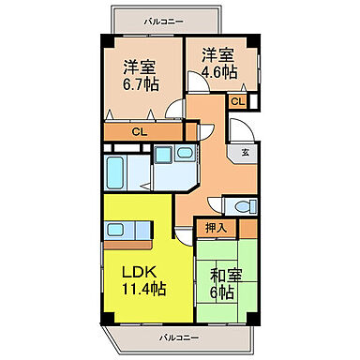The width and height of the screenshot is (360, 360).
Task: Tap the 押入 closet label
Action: click(x=216, y=227)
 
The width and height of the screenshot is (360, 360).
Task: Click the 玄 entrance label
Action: click(x=245, y=151)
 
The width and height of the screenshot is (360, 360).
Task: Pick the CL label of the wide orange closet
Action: click(x=138, y=132)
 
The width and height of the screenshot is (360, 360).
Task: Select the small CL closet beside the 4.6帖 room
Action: click(x=238, y=101)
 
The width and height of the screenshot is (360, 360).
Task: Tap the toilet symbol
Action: click(x=243, y=207)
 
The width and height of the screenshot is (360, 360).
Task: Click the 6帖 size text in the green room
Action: click(x=221, y=293)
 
